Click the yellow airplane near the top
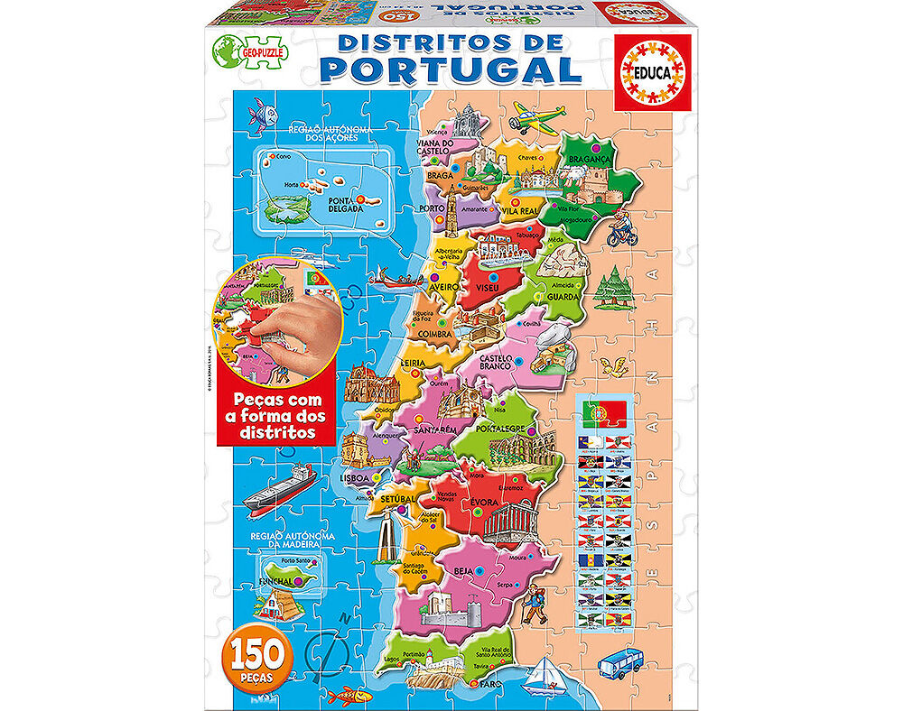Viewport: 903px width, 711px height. coord(538,116)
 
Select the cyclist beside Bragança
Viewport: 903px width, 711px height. coord(623,232)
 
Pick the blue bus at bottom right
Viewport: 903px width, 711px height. coord(621,659)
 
